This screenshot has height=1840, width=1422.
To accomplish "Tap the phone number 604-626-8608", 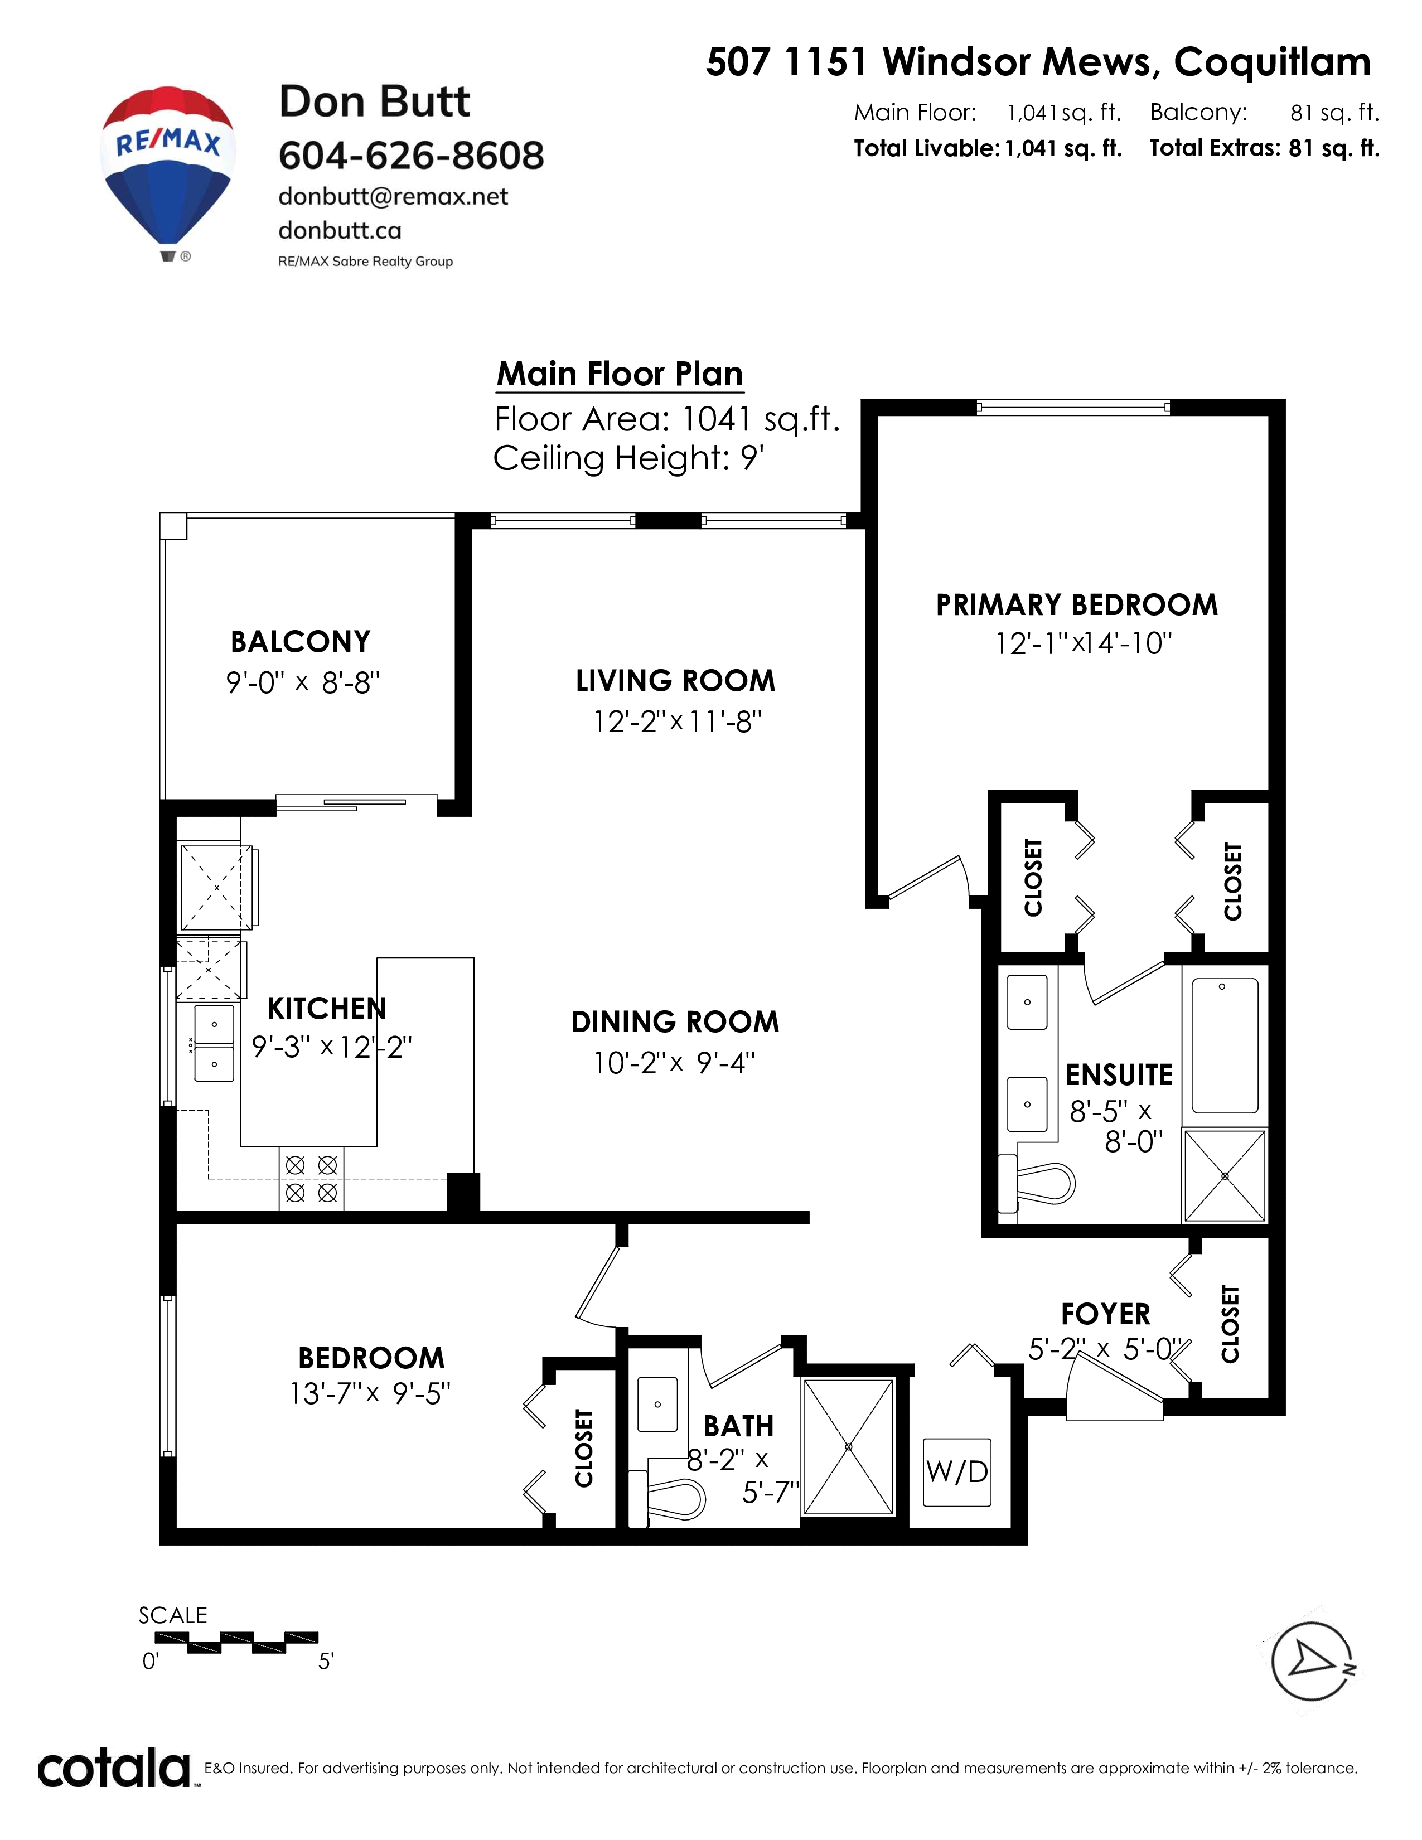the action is tap(411, 155).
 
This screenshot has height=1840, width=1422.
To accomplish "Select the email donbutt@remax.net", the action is tap(393, 196).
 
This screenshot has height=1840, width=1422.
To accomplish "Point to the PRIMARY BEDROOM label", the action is tap(1077, 605).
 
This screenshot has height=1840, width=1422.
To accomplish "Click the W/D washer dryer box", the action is tap(957, 1472).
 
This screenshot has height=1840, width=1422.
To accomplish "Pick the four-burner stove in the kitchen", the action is tap(311, 1179).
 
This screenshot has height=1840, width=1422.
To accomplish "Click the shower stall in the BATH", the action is tap(848, 1446).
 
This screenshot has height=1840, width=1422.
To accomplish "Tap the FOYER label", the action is tap(1105, 1314).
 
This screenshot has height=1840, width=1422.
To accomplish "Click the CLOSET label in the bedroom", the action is tap(584, 1447).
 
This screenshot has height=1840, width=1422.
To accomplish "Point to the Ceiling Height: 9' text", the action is tap(628, 458).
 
